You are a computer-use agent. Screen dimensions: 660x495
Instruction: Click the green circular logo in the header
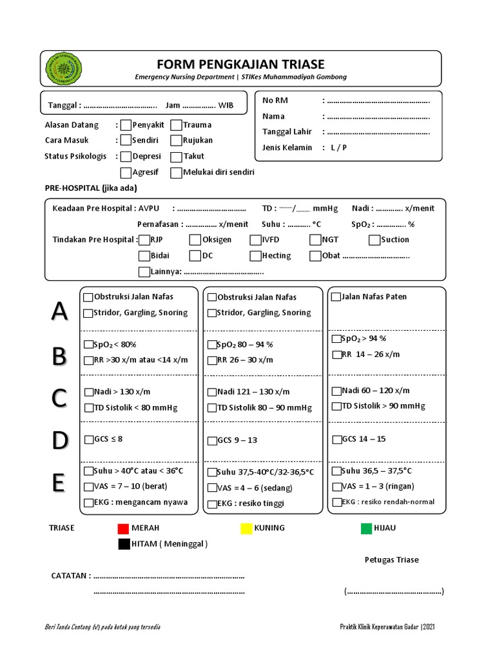pos(64,68)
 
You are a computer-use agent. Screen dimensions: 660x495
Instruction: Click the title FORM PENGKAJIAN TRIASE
pos(240,64)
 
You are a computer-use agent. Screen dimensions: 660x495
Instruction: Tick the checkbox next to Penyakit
pos(126,125)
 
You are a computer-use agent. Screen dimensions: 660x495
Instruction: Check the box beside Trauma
pos(176,125)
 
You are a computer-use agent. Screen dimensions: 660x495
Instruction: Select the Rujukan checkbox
pos(176,141)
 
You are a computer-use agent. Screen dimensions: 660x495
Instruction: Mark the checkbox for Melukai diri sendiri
pos(176,173)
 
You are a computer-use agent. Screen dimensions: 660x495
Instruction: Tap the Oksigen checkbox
pos(195,240)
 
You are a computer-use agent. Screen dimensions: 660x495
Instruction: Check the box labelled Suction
pos(374,240)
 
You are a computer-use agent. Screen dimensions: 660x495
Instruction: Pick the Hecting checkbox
pos(255,256)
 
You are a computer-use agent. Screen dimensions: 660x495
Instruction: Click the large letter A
pos(59,311)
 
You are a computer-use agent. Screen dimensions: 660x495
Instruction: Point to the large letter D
pos(59,441)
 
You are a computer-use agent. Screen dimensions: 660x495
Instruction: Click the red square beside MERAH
pos(123,529)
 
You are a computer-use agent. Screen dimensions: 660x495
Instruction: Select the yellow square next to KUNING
pos(246,529)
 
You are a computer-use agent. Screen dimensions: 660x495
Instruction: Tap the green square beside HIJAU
pos(366,529)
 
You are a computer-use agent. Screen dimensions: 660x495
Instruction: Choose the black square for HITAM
pos(123,545)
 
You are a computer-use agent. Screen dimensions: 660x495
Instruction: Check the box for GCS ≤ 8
pos(88,440)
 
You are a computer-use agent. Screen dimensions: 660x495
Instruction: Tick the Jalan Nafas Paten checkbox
pos(336,297)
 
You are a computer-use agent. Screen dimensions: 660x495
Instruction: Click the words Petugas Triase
pos(391,559)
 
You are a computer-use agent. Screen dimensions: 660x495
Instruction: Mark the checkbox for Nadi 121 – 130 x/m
pos(212,392)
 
